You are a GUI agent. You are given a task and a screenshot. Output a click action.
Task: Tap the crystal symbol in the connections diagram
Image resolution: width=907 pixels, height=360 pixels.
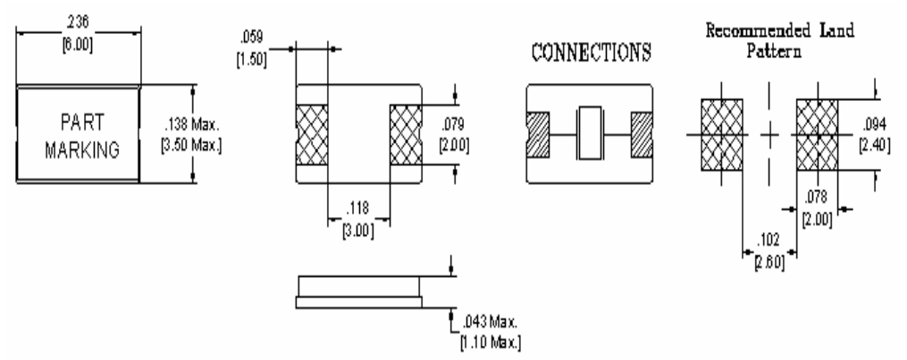[x=590, y=133]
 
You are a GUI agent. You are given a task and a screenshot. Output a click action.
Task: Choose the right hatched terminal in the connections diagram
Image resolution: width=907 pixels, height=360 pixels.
[x=643, y=133]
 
